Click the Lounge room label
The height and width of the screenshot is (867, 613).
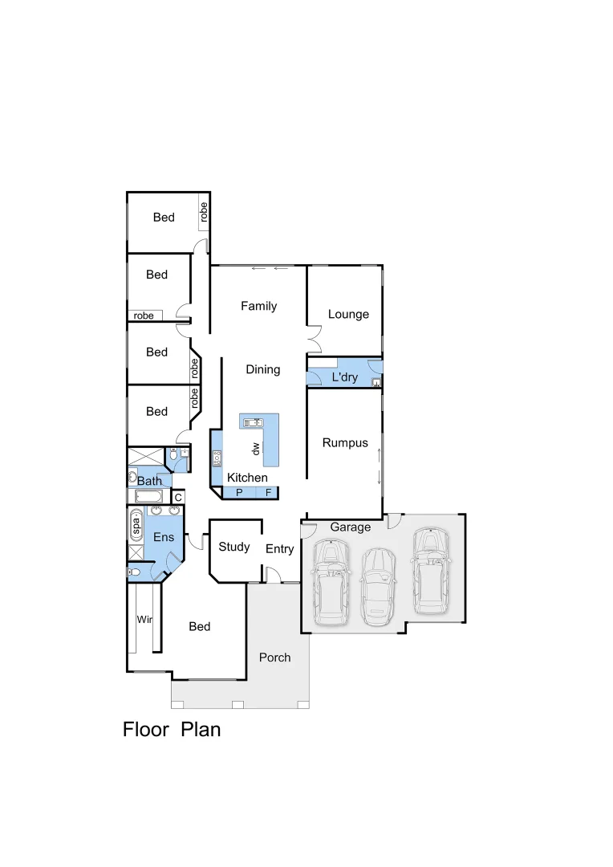348,314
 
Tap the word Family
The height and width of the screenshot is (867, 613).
259,306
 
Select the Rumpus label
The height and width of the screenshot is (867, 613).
345,442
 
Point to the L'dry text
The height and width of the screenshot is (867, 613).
344,377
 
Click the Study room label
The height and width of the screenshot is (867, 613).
234,547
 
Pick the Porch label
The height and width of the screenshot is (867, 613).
274,657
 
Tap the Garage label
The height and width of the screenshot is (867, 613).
351,527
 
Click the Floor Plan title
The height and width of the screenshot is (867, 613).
171,729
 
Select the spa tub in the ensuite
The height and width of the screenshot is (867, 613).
136,526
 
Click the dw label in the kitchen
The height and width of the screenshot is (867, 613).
255,449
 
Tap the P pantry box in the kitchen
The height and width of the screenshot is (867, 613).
239,492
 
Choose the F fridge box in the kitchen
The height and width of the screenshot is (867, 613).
269,492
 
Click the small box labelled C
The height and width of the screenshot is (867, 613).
178,498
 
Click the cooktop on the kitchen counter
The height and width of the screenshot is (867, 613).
217,459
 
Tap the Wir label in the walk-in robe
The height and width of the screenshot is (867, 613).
144,620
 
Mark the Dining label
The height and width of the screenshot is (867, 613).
262,369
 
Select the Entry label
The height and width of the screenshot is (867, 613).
279,549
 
